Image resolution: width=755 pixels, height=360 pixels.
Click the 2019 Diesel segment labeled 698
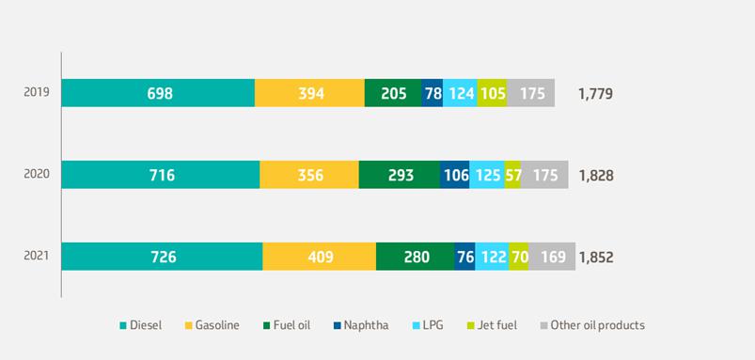click(158, 93)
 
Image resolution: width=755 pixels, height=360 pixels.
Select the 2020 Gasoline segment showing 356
click(309, 175)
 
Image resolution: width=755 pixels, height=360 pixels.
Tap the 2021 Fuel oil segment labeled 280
click(415, 257)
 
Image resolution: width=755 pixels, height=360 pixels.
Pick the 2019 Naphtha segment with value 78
click(432, 93)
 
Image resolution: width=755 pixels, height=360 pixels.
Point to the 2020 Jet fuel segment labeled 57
click(512, 175)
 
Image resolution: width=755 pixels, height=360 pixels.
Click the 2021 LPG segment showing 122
click(492, 257)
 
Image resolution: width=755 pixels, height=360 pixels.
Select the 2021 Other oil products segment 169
click(552, 257)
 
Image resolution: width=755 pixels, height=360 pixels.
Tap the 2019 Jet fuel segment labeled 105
click(492, 93)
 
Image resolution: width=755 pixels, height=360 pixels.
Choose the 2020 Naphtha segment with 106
click(454, 175)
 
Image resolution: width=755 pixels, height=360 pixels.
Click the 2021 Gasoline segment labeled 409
click(320, 257)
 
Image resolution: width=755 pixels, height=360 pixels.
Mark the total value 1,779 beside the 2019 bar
click(595, 93)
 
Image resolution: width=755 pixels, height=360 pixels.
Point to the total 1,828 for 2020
click(596, 176)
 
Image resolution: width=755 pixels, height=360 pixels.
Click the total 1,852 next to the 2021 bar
click(596, 258)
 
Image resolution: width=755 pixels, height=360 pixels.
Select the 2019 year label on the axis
click(37, 91)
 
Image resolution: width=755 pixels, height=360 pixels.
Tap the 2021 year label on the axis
click(37, 256)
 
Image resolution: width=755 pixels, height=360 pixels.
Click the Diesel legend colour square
click(123, 326)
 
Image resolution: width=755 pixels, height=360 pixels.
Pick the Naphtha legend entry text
click(366, 325)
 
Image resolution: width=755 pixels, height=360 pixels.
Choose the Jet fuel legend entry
click(492, 325)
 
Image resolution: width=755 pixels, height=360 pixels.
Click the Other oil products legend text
click(597, 325)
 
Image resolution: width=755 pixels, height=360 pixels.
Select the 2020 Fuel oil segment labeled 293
click(400, 175)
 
